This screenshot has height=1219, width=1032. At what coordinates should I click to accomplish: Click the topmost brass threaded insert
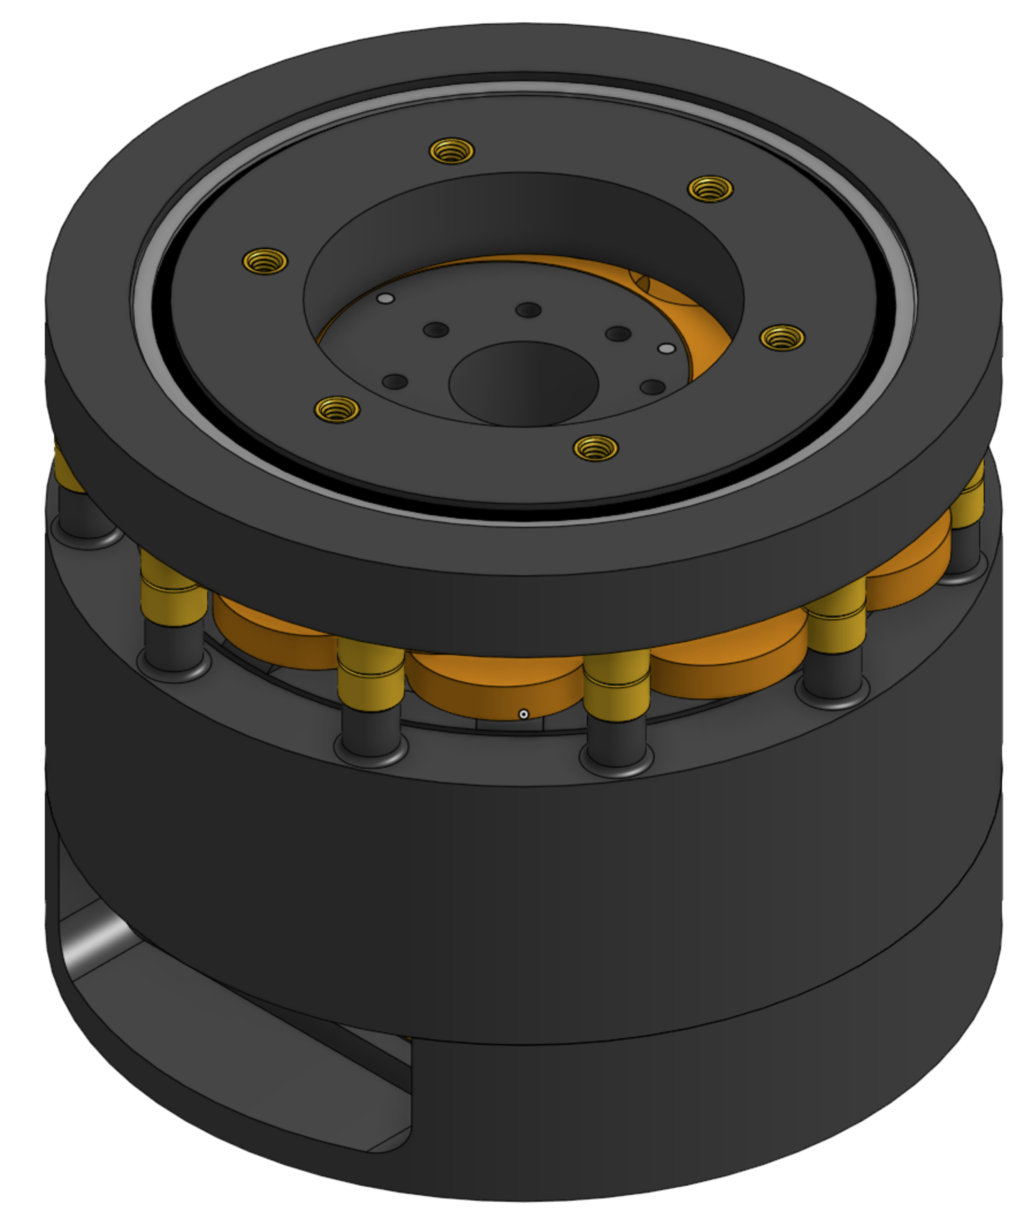pyautogui.click(x=452, y=151)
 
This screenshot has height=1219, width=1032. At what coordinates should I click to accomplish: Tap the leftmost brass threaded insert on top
pyautogui.click(x=265, y=261)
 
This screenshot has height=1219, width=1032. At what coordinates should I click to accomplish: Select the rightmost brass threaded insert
pyautogui.click(x=782, y=338)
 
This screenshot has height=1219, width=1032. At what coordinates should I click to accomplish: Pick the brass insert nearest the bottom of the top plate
pyautogui.click(x=595, y=449)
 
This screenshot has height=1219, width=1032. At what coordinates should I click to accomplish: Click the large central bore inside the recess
pyautogui.click(x=523, y=383)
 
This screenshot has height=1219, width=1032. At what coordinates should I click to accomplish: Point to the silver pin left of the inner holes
pyautogui.click(x=385, y=299)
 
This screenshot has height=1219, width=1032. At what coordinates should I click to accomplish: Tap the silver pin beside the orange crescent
pyautogui.click(x=666, y=348)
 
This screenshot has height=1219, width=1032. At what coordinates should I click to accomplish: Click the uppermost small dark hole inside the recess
pyautogui.click(x=529, y=310)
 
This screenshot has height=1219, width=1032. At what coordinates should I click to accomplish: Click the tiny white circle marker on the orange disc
pyautogui.click(x=523, y=715)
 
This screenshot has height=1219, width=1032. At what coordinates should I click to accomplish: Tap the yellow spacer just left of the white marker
pyautogui.click(x=371, y=673)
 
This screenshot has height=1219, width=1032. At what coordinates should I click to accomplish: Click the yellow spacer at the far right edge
pyautogui.click(x=968, y=498)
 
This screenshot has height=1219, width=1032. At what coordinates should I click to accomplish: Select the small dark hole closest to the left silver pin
pyautogui.click(x=436, y=330)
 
